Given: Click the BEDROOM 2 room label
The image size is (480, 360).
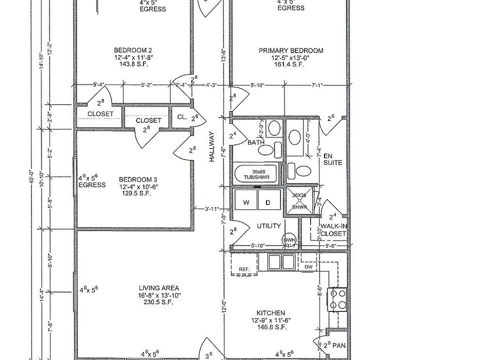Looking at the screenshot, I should coord(133,50).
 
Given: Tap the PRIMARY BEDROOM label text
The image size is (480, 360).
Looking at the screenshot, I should coord(290,50).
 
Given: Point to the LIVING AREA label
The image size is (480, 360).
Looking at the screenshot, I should coord(159,288).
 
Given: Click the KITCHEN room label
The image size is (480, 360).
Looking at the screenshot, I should coord(271,312).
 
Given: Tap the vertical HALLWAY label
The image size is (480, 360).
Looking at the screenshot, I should coord(212,146).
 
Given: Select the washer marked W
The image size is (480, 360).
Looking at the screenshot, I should coord(246,202).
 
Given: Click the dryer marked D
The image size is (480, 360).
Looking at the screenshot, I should coord(268,202).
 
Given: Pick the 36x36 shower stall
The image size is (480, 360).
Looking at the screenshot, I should coord(299,201).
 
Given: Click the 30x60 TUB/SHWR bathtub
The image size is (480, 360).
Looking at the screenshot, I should coord(255,173).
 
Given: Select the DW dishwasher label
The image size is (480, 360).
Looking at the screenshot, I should coord(308,267).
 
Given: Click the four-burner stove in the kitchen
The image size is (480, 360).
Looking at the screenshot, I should coord(337,298).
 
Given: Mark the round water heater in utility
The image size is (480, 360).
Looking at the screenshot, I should coord(289,240).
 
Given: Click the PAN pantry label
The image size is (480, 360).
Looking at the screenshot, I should coord(339,345).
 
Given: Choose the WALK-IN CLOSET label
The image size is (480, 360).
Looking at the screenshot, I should coord(333,230).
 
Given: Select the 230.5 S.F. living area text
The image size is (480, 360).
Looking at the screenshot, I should coord(159,302).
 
